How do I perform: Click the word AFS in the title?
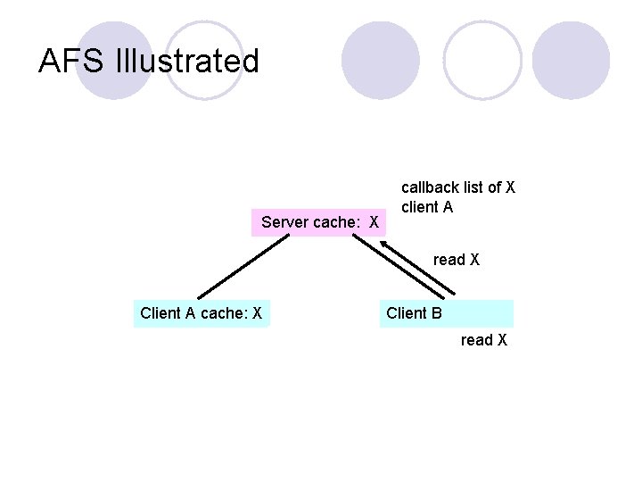tap(72, 62)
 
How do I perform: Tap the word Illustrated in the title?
tap(187, 62)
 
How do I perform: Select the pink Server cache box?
tap(320, 220)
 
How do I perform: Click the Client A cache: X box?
tap(201, 313)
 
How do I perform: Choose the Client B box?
tap(446, 313)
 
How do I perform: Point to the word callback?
tap(430, 187)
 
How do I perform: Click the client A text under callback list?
tap(427, 207)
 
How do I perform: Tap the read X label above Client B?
tap(457, 260)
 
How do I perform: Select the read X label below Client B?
tap(484, 340)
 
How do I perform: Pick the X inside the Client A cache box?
tap(257, 313)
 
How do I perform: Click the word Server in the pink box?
tap(284, 221)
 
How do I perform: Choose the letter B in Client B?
tap(436, 313)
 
